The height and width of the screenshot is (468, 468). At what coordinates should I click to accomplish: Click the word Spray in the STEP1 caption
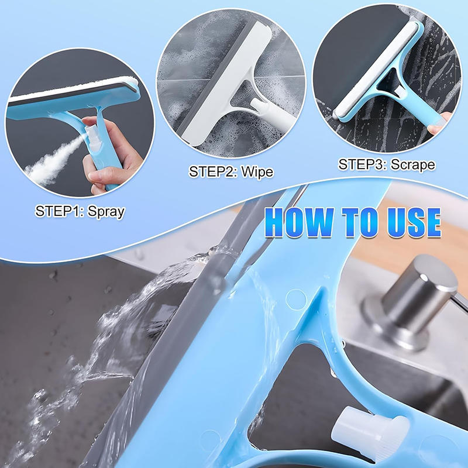pyautogui.click(x=105, y=211)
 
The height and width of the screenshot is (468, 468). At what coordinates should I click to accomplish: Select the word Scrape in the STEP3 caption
pyautogui.click(x=413, y=164)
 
